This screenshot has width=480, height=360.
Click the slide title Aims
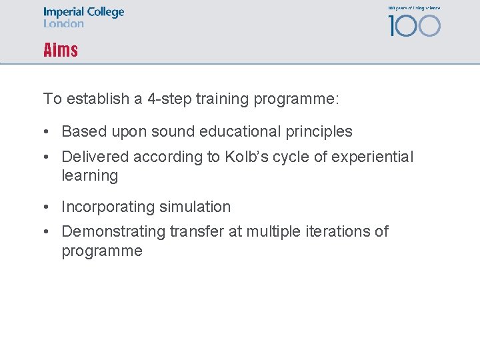pyautogui.click(x=61, y=50)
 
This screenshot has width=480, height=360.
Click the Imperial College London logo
pyautogui.click(x=83, y=17)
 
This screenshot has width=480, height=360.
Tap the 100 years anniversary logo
pyautogui.click(x=414, y=22)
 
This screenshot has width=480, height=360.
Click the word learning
pyautogui.click(x=89, y=176)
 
